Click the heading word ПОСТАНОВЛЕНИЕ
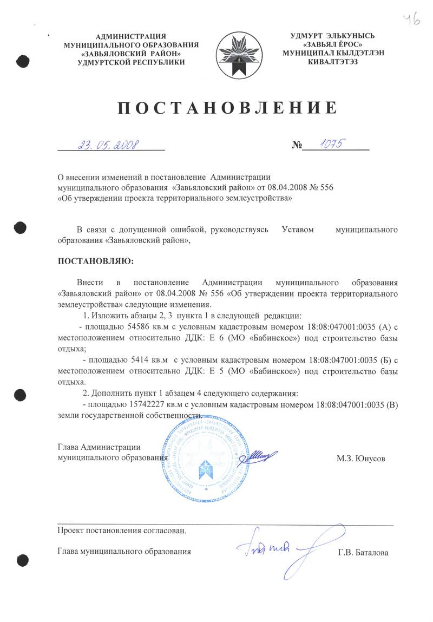click(227, 108)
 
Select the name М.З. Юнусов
click(361, 458)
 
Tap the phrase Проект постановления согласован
click(122, 531)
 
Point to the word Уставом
click(298, 230)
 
